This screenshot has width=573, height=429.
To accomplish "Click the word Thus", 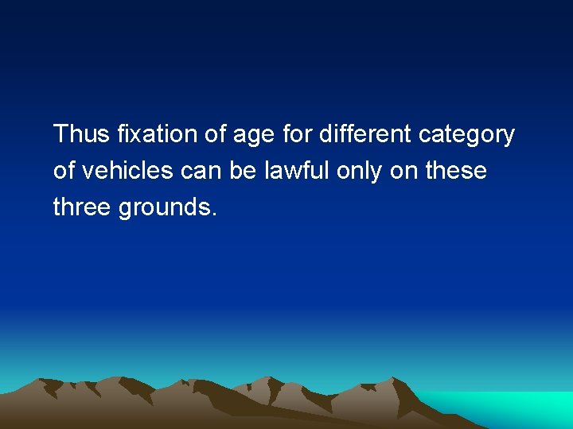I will (x=81, y=134).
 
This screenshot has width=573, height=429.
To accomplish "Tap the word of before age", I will (x=216, y=134).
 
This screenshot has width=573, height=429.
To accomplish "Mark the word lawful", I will (x=300, y=171).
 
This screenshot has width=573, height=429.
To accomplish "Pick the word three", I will (x=82, y=207).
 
